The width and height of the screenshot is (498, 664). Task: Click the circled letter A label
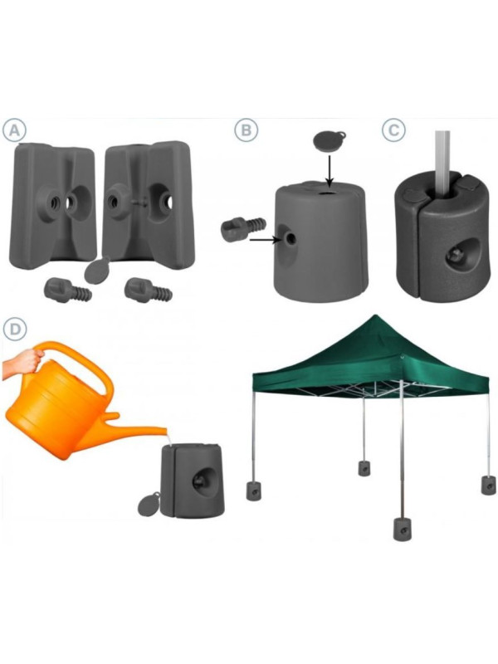click(14, 130)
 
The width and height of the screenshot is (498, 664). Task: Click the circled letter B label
click(246, 130)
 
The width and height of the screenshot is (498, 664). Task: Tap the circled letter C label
click(393, 130)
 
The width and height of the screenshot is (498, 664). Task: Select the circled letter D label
click(14, 329)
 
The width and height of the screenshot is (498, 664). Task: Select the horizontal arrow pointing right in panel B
click(265, 240)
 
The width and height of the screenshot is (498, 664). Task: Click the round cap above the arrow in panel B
click(329, 139)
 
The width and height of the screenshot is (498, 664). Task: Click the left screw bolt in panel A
click(67, 290)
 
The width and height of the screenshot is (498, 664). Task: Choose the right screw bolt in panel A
click(148, 290)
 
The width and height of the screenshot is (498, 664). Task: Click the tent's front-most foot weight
click(401, 529)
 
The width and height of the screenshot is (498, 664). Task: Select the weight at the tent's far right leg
click(489, 486)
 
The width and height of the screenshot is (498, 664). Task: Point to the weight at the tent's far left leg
click(252, 490)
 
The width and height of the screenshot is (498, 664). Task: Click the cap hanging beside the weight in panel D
click(149, 504)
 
